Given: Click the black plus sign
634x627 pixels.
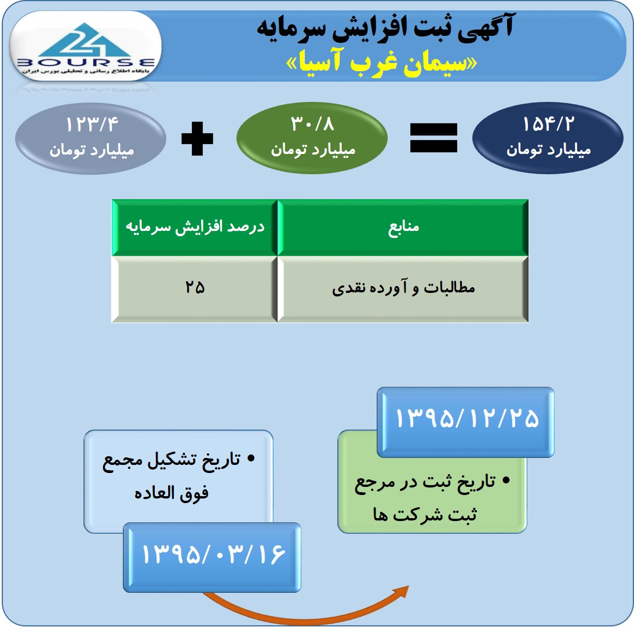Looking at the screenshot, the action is click(197, 138).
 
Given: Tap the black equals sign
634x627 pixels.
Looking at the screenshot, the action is click(433, 138).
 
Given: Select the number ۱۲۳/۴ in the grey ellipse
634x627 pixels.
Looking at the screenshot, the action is click(92, 124).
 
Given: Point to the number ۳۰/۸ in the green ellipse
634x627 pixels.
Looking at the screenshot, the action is click(312, 123).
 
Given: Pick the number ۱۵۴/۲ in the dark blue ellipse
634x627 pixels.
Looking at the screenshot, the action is click(548, 124).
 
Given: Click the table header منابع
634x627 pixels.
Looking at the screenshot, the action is click(403, 226).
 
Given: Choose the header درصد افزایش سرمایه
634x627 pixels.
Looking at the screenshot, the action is click(195, 226).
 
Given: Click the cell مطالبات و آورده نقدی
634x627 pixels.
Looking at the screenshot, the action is click(403, 288).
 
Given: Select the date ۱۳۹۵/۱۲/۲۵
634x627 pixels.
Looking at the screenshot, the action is click(467, 418).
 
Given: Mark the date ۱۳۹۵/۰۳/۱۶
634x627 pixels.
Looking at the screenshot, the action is click(213, 554).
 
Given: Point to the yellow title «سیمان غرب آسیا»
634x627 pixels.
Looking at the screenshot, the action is click(381, 63).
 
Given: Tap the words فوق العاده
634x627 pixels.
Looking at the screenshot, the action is click(172, 493).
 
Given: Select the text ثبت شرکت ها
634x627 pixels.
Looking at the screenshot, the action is click(425, 515).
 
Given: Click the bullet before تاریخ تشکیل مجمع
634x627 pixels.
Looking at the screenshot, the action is click(251, 458).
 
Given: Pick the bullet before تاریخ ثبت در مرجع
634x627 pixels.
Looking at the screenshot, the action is click(506, 480).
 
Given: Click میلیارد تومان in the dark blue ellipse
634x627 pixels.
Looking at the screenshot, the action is click(548, 150).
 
